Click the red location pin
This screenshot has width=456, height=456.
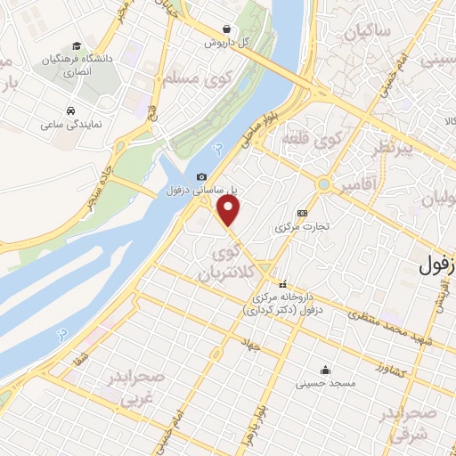[230, 210]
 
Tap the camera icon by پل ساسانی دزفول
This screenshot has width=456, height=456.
[202, 176]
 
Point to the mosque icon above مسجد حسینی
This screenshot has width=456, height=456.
[328, 370]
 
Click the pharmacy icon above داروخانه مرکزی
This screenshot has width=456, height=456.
[283, 284]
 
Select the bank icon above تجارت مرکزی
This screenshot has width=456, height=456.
[303, 213]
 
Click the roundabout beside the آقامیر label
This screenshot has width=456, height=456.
[324, 185]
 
